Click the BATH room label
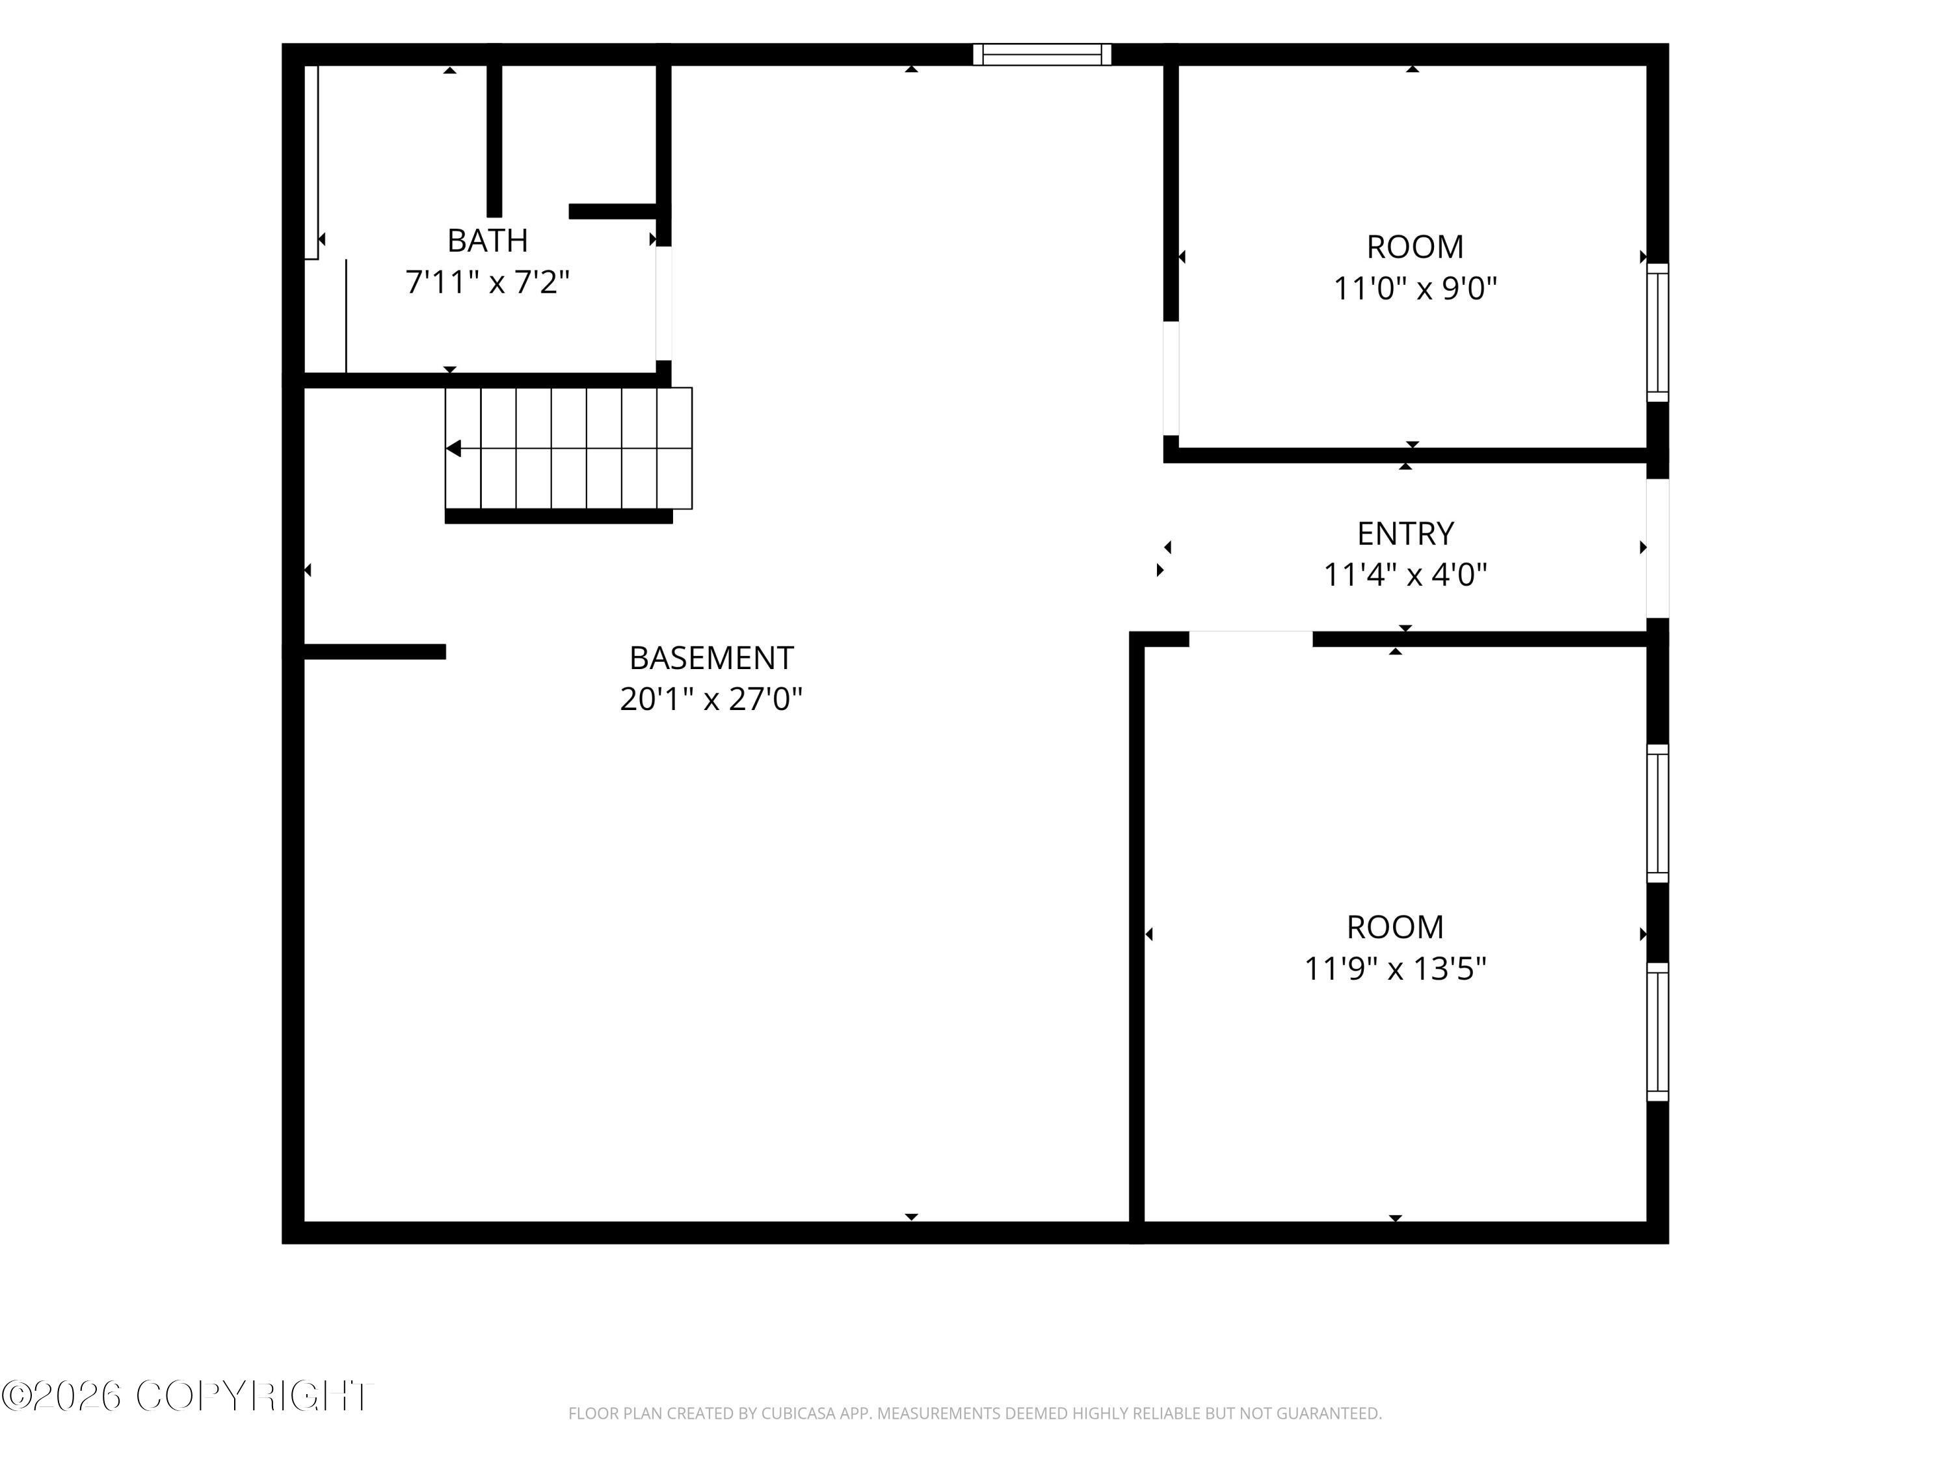coord(488,240)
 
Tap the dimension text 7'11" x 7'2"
coord(488,282)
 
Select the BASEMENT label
coord(711,658)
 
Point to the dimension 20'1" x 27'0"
coord(711,699)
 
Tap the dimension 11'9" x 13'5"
coord(1396,969)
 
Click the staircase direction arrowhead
coord(453,449)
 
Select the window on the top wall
coord(1042,55)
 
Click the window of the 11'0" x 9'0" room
coord(1658,332)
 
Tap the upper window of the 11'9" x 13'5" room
coord(1658,813)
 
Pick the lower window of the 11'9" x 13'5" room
coord(1658,1031)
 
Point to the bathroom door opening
coord(663,304)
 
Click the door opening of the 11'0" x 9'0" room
coord(1171,378)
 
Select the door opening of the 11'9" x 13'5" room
coord(1251,639)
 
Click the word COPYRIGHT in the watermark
coord(254,1396)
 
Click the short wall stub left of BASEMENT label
coord(375,652)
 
